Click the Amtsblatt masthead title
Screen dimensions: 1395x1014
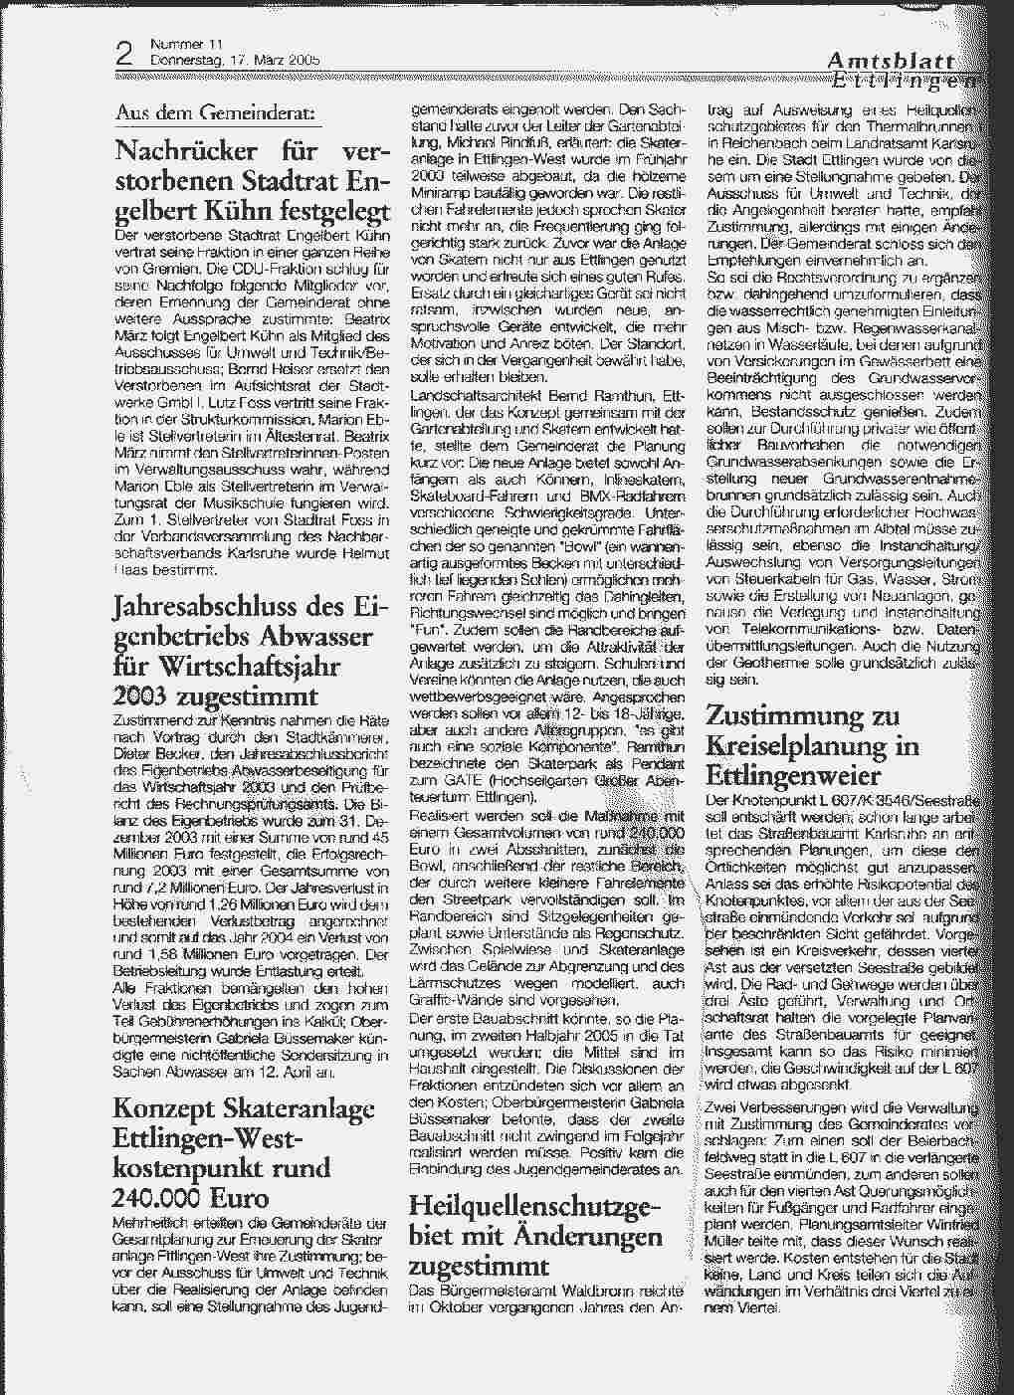pyautogui.click(x=891, y=63)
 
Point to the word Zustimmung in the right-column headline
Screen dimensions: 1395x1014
pyautogui.click(x=773, y=715)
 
